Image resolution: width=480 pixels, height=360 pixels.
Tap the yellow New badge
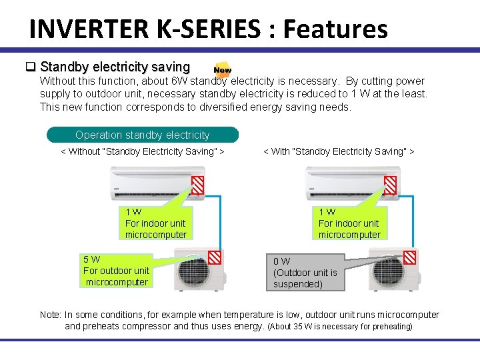click(223, 69)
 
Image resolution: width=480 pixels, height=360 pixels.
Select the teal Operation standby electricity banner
click(142, 135)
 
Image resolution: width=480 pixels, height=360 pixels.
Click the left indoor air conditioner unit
click(151, 183)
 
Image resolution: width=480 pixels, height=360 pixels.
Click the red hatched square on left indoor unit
click(198, 185)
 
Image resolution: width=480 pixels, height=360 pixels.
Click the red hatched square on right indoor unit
click(391, 185)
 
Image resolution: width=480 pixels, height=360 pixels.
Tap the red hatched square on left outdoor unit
click(215, 257)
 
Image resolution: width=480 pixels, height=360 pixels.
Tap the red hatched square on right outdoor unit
click(409, 257)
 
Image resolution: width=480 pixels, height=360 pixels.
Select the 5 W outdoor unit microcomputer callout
click(117, 271)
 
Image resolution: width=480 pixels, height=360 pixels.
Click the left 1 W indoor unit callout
click(155, 223)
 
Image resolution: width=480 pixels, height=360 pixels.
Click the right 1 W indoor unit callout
click(349, 223)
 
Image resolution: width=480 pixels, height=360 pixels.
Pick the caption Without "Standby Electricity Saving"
click(142, 151)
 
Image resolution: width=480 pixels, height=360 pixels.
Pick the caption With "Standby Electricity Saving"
click(339, 151)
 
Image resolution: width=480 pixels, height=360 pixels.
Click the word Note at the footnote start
click(51, 315)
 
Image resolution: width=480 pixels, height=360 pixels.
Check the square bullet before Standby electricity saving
click(30, 67)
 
